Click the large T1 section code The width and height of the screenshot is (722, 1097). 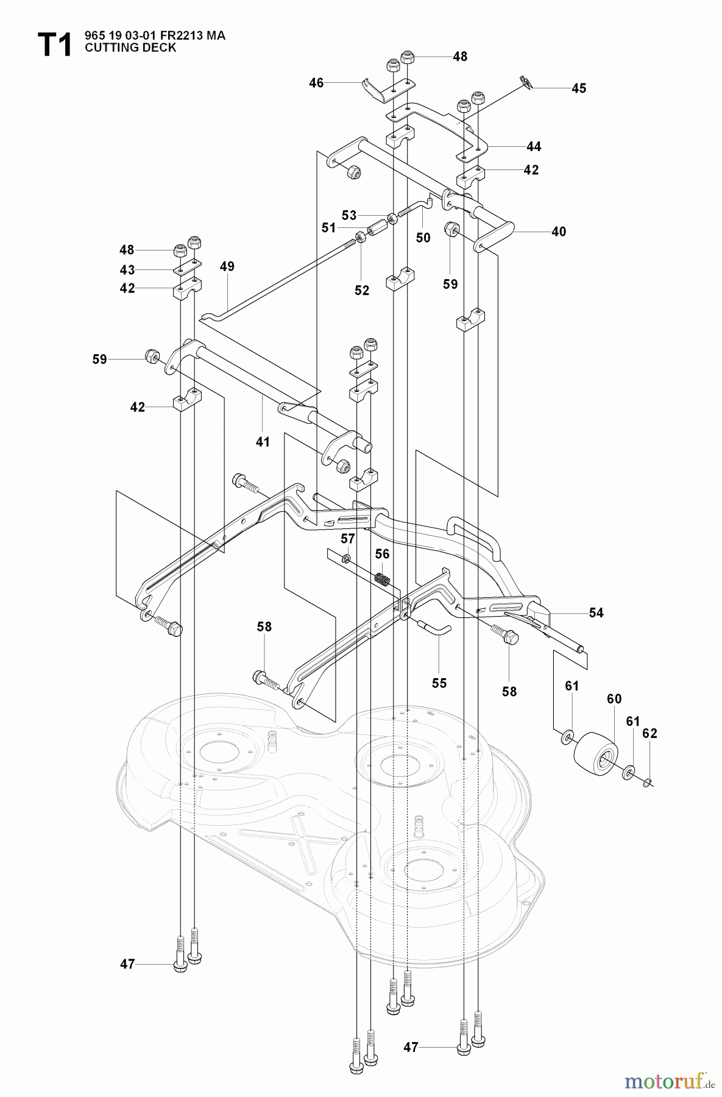tap(54, 45)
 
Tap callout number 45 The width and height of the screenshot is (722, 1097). tap(578, 88)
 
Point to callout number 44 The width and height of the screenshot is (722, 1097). tap(534, 147)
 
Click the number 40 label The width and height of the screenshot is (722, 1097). tap(558, 232)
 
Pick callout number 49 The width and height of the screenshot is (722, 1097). tap(227, 266)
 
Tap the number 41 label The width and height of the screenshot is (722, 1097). tap(262, 442)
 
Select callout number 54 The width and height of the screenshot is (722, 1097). tap(596, 612)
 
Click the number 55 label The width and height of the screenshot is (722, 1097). tap(439, 683)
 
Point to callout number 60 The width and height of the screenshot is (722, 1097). tap(614, 699)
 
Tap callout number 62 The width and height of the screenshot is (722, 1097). tap(650, 733)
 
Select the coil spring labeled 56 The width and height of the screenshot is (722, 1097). tap(382, 579)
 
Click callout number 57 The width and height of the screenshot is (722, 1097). tap(347, 538)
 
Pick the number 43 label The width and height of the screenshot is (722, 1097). tap(127, 269)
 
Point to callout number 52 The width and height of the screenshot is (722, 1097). tap(362, 291)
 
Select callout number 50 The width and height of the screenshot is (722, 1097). tap(423, 238)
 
